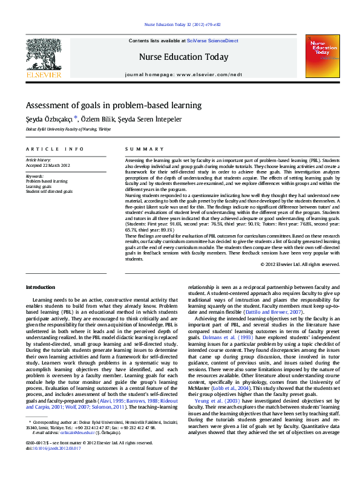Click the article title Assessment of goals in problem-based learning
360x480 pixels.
[113, 105]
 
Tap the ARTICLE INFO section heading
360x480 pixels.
[54, 149]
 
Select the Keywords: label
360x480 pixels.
[35, 176]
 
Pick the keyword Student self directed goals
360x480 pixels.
[49, 191]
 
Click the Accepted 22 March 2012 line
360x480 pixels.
[48, 165]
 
